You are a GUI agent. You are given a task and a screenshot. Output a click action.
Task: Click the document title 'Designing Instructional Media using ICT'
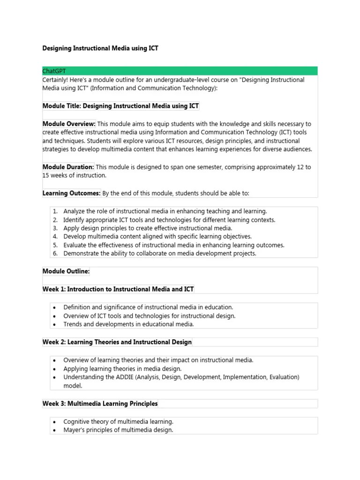click(100, 48)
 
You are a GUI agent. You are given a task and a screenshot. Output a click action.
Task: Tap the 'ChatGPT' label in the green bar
click(54, 71)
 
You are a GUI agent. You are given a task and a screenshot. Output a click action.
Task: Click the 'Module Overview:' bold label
click(69, 124)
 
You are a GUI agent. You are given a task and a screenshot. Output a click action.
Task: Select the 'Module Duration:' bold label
click(68, 167)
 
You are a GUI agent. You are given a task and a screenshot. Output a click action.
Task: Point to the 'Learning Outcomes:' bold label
click(71, 193)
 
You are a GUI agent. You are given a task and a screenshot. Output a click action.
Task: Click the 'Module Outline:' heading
click(66, 271)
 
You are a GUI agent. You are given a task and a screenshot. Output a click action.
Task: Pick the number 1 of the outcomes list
click(55, 211)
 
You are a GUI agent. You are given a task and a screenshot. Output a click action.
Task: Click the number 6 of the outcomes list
click(55, 254)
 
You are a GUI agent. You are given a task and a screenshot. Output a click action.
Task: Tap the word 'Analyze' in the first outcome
click(75, 211)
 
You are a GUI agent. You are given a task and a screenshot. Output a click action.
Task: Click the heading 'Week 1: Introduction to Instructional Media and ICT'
click(118, 289)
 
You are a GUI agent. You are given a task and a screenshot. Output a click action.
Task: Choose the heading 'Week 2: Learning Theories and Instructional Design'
click(117, 342)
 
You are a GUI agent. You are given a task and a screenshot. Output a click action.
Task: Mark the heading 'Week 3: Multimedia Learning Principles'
click(100, 404)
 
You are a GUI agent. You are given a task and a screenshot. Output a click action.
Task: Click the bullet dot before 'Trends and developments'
click(55, 324)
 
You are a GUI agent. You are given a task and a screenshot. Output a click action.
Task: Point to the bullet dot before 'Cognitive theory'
click(55, 422)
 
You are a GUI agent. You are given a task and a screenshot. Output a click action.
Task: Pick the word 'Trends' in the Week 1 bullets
click(73, 324)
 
